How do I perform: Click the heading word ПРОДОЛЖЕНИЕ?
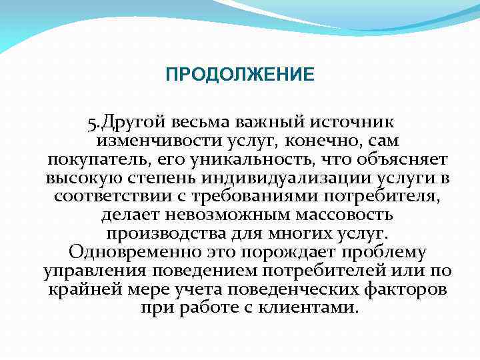[240, 74]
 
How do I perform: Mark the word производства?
[161, 235]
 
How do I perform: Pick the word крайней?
[78, 291]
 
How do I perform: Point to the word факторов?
[406, 291]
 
